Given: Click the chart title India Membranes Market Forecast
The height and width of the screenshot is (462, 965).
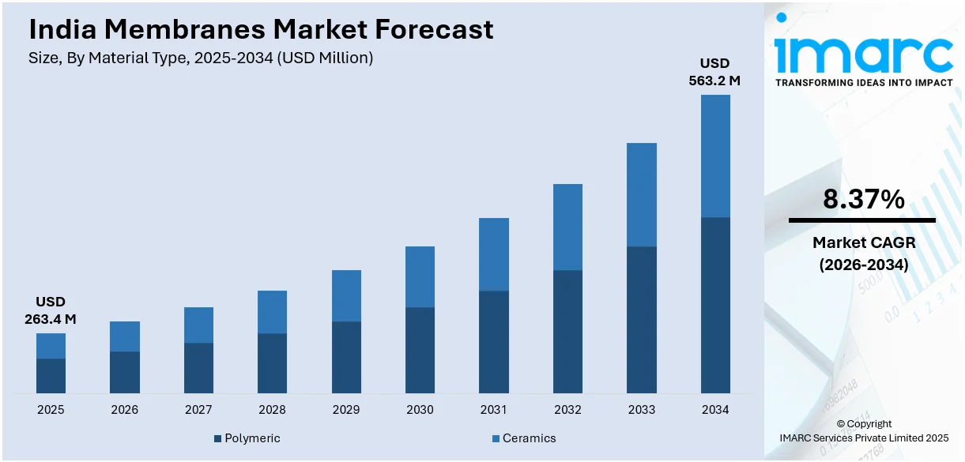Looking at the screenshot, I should point(261,29).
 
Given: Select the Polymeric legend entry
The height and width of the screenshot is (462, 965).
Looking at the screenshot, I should point(247,438).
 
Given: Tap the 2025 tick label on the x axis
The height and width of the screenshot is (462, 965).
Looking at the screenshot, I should point(51,410).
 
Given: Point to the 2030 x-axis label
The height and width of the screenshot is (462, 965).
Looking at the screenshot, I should point(420,410).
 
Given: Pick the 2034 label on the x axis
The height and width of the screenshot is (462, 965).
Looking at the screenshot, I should point(715,410).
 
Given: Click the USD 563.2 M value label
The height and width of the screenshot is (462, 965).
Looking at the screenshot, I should point(715,72).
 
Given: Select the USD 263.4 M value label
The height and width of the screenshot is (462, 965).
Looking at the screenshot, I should point(51,310).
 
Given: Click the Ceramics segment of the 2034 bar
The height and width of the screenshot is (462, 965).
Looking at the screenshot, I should point(715,156).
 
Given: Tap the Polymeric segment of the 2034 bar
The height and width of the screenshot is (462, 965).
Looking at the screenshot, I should point(715,305).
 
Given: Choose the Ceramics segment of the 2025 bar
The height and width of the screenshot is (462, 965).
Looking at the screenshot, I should point(51,346).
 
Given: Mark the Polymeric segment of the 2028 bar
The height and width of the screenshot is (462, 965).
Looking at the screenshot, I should point(272,363).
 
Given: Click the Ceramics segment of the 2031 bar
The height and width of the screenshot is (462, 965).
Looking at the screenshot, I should point(494,254).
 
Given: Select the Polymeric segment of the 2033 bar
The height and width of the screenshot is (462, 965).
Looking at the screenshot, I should point(642,320).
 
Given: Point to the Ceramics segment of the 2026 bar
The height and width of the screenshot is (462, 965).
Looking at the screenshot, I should point(125,336).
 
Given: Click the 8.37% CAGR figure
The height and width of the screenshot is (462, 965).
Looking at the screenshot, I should point(863,200).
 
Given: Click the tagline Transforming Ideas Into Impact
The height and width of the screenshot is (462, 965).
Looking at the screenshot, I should point(863,83).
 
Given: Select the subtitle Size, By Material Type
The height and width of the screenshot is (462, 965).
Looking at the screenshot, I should point(201,58).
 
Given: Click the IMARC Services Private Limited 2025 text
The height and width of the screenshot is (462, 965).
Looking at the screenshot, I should point(863,438).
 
